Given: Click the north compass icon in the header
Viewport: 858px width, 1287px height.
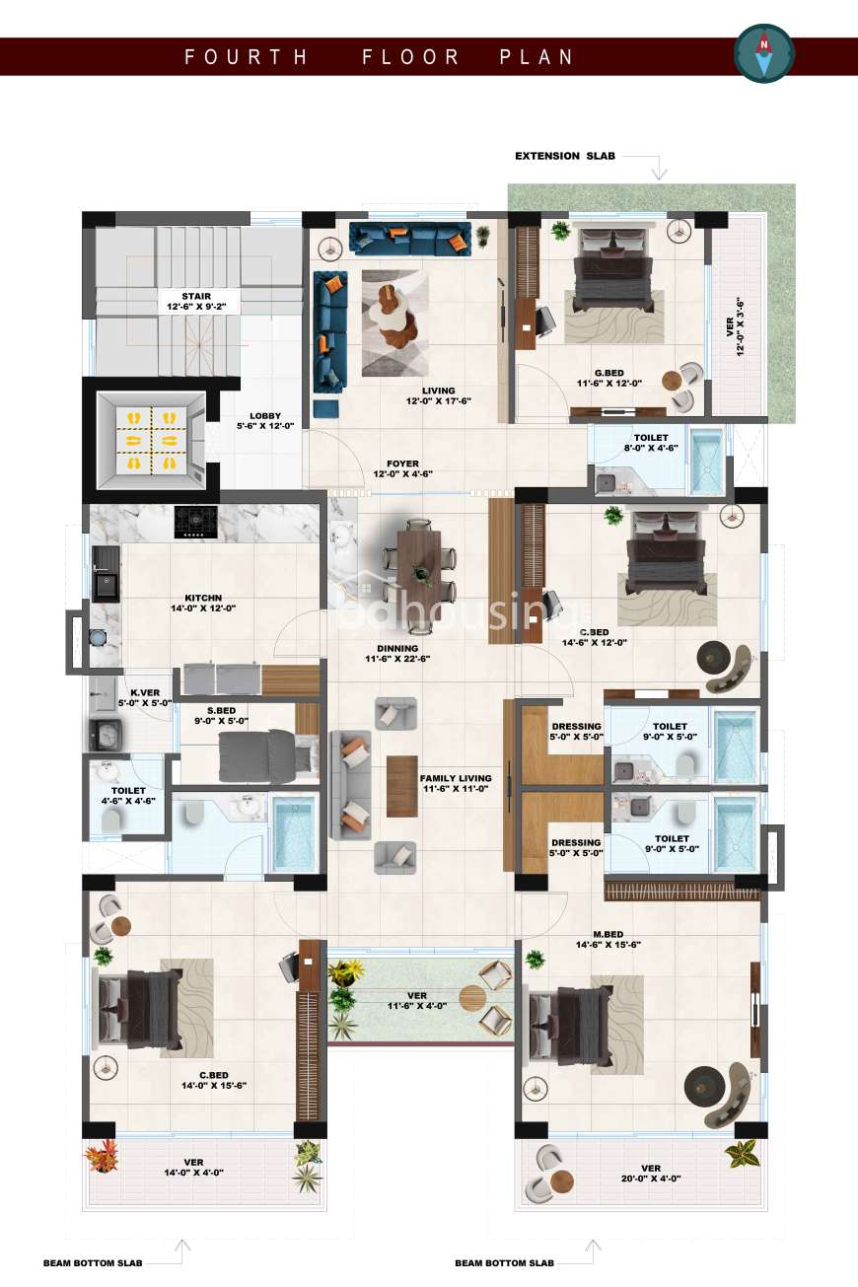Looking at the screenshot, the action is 763,53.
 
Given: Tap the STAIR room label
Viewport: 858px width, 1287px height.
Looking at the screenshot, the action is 196,297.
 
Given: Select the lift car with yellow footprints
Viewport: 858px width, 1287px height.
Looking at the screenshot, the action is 151,440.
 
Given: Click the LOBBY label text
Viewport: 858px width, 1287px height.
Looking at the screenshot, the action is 265,416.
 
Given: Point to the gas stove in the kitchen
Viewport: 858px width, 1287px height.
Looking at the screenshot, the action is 196,522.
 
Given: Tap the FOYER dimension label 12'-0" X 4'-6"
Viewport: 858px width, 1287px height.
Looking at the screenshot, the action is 402,474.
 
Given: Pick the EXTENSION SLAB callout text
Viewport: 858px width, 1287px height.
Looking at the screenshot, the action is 565,156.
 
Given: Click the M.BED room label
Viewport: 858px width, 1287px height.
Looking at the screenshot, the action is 608,934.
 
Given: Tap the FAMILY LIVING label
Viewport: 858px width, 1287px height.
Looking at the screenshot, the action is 456,778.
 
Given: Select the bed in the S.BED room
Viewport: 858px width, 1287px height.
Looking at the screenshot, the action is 268,756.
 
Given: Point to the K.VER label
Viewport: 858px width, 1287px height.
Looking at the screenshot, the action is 145,693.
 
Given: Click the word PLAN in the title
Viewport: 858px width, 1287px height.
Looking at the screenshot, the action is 536,57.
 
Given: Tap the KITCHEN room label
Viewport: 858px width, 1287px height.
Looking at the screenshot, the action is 203,598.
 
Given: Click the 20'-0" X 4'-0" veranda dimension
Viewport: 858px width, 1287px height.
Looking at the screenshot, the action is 651,1179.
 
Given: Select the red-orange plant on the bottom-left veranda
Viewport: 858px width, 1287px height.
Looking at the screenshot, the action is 102,1156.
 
